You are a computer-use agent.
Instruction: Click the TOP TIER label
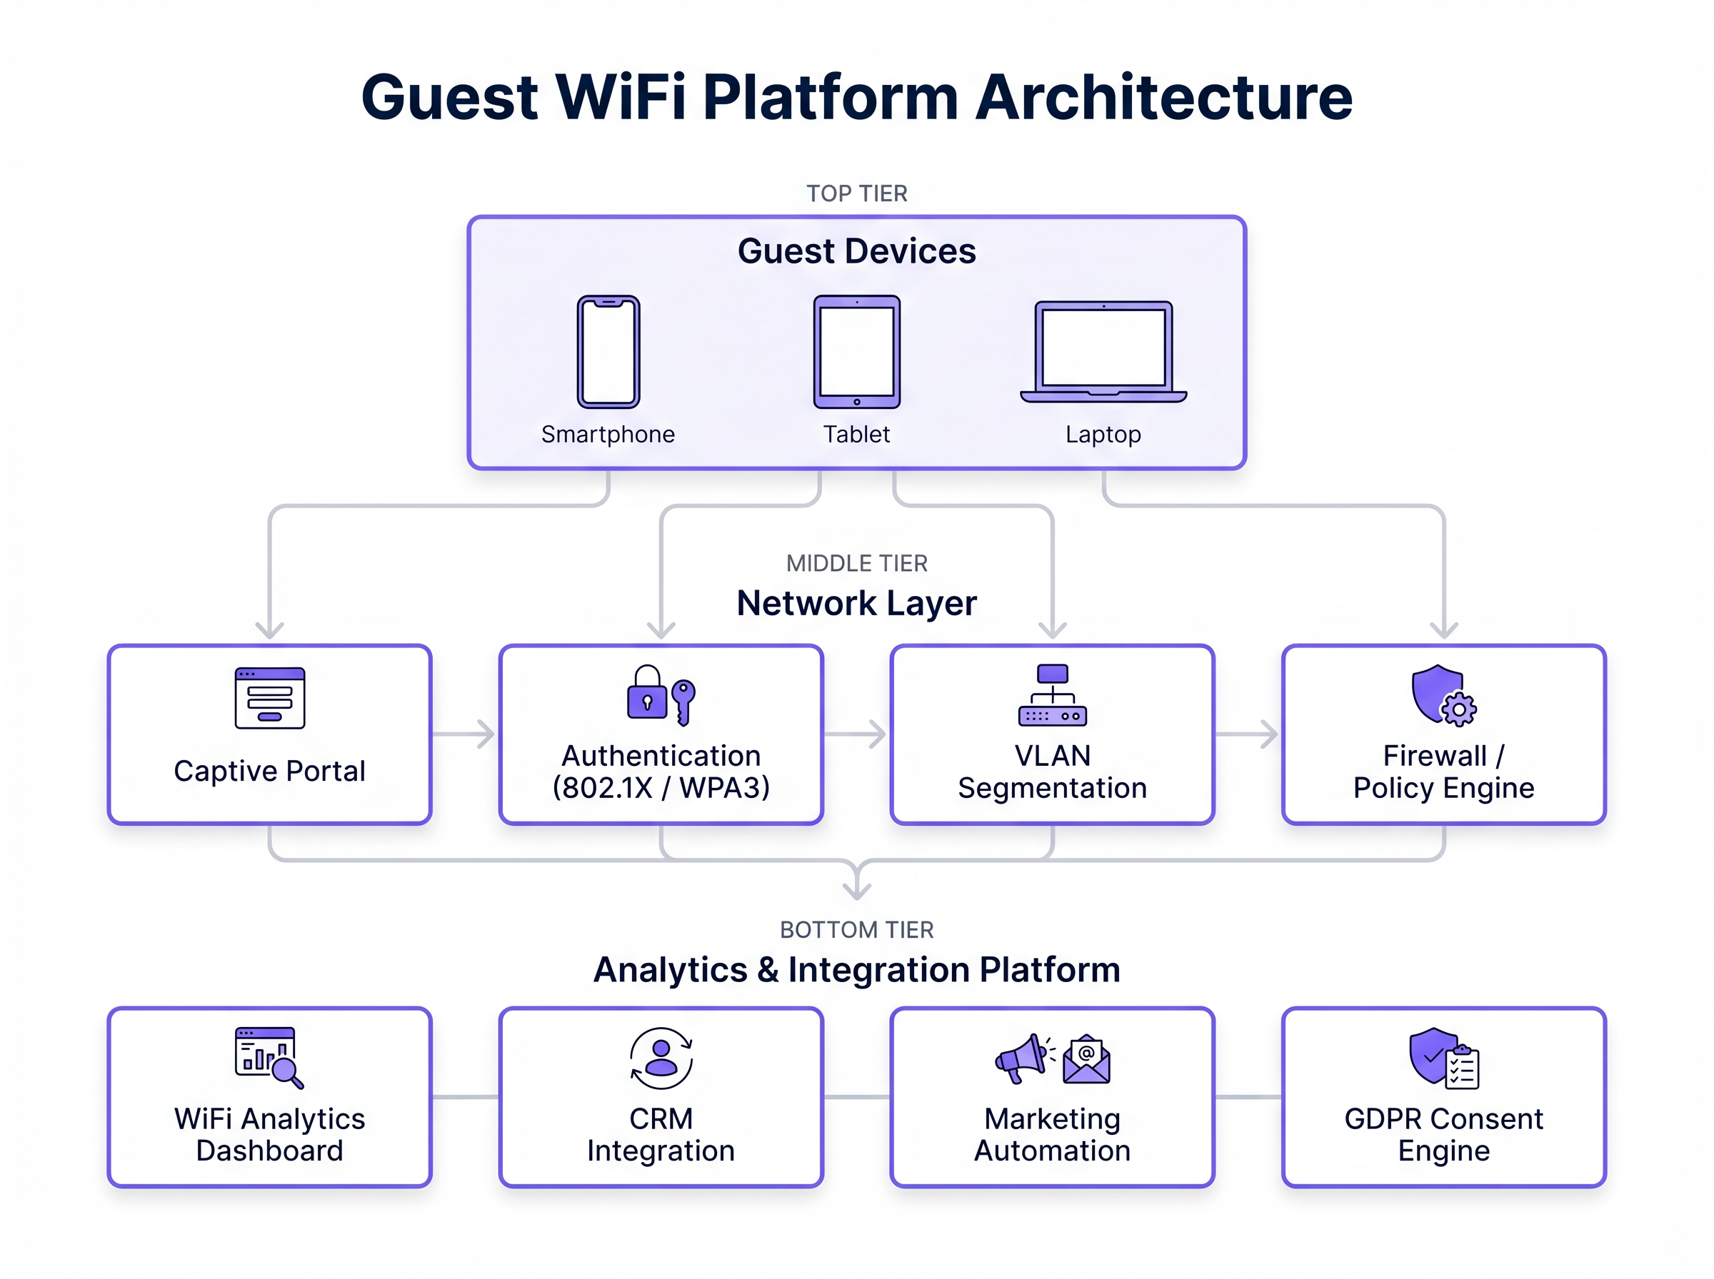pyautogui.click(x=856, y=193)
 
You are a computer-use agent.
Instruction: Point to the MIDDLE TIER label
pyautogui.click(x=856, y=563)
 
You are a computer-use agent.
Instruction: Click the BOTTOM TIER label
pyautogui.click(x=856, y=929)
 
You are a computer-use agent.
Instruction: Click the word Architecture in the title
pyautogui.click(x=1163, y=98)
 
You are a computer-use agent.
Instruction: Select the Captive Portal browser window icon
pyautogui.click(x=269, y=697)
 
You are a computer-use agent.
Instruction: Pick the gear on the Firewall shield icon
pyautogui.click(x=1458, y=709)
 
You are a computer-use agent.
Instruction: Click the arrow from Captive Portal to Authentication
pyautogui.click(x=465, y=733)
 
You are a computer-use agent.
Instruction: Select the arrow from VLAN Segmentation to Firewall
pyautogui.click(x=1248, y=733)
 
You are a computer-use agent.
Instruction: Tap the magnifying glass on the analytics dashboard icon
pyautogui.click(x=286, y=1072)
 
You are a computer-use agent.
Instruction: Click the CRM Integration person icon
pyautogui.click(x=661, y=1058)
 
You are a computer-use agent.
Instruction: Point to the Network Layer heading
pyautogui.click(x=856, y=603)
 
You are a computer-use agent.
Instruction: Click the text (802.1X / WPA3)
pyautogui.click(x=661, y=787)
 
